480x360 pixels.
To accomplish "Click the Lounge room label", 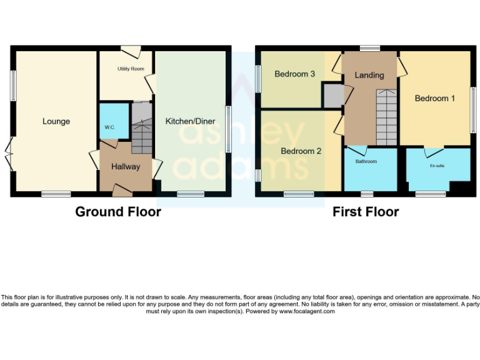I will pyautogui.click(x=56, y=121).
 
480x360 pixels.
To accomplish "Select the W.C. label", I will pyautogui.click(x=110, y=127).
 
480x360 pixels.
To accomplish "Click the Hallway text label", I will pyautogui.click(x=126, y=167).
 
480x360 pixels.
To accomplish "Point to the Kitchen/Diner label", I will pyautogui.click(x=190, y=121).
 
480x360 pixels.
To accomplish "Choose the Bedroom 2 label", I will pyautogui.click(x=301, y=151).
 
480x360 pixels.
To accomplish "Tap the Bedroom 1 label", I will pyautogui.click(x=435, y=99).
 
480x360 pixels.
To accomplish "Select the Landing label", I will pyautogui.click(x=369, y=75).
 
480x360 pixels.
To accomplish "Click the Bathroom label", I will pyautogui.click(x=366, y=161).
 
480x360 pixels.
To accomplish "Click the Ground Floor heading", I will pyautogui.click(x=118, y=212).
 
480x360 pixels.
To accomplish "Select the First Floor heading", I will pyautogui.click(x=366, y=212).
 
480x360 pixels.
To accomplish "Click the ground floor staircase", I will pyautogui.click(x=142, y=128).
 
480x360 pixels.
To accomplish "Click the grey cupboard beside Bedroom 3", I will pyautogui.click(x=332, y=96).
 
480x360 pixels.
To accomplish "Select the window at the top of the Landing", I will pyautogui.click(x=369, y=48).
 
